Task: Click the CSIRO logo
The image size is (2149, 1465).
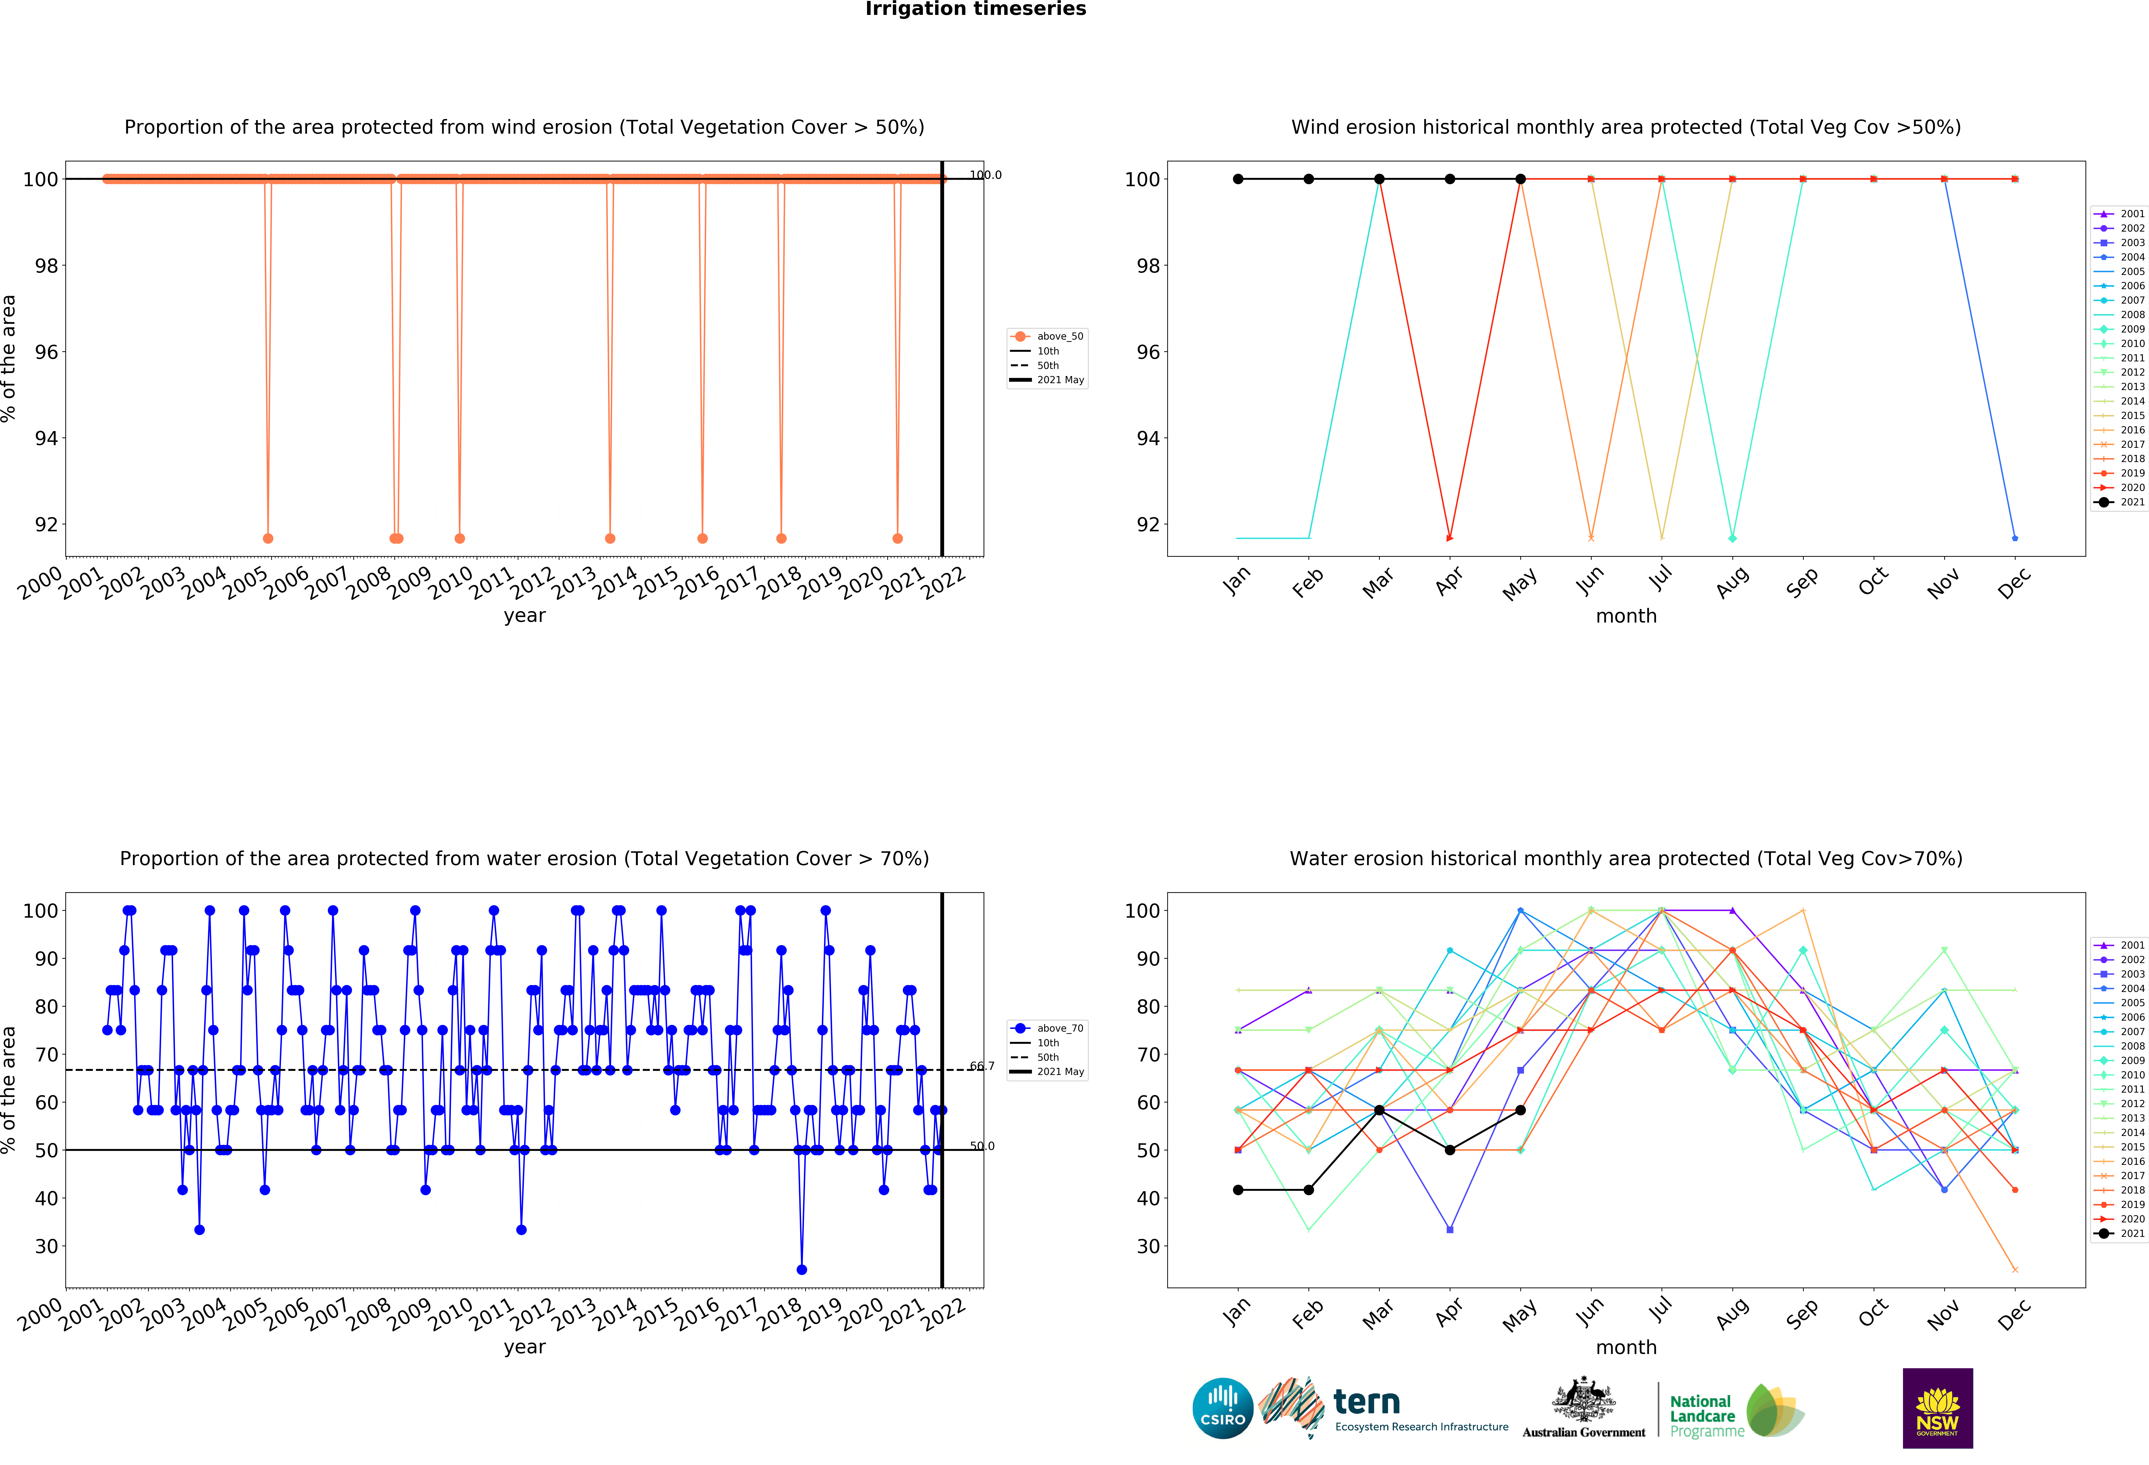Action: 1222,1409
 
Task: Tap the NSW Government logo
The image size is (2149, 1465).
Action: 1937,1408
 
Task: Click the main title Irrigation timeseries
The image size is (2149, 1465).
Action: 976,9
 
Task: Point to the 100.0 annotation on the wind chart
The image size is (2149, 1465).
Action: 985,175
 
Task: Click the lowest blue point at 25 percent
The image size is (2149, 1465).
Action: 802,1270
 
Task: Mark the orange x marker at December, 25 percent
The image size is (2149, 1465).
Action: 2015,1270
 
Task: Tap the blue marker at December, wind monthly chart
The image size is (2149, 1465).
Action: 2015,538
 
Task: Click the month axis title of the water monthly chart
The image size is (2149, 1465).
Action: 1626,1348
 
